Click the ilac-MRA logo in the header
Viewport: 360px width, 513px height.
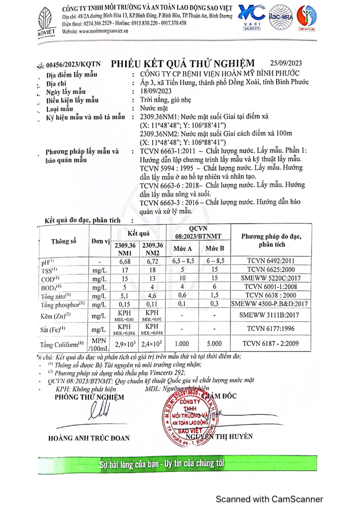tap(280, 18)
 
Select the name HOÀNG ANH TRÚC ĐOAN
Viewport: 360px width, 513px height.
tap(89, 438)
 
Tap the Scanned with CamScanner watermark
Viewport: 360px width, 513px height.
tap(269, 499)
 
